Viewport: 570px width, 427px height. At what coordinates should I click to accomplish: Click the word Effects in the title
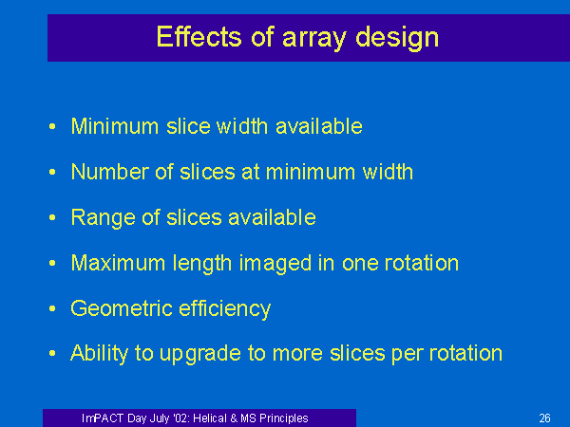pos(199,36)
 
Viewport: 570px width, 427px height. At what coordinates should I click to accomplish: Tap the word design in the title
pos(397,38)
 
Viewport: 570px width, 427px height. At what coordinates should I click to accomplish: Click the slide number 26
pos(544,418)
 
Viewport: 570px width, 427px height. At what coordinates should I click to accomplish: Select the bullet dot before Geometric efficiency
pos(52,308)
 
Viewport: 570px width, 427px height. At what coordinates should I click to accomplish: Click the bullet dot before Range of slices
pos(52,217)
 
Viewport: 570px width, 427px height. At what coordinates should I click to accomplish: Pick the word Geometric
pos(122,308)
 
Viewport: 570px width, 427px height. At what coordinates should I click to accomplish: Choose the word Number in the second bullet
pos(110,172)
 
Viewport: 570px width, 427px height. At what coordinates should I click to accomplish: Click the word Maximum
pos(118,263)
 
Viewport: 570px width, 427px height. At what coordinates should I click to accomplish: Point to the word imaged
pos(275,264)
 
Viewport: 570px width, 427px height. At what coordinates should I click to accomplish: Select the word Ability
pos(99,354)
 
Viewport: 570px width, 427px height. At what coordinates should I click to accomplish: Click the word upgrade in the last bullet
pos(200,355)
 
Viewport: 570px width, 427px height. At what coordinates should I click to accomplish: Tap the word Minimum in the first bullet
pos(115,126)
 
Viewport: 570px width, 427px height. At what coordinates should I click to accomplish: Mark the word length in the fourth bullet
pos(201,264)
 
